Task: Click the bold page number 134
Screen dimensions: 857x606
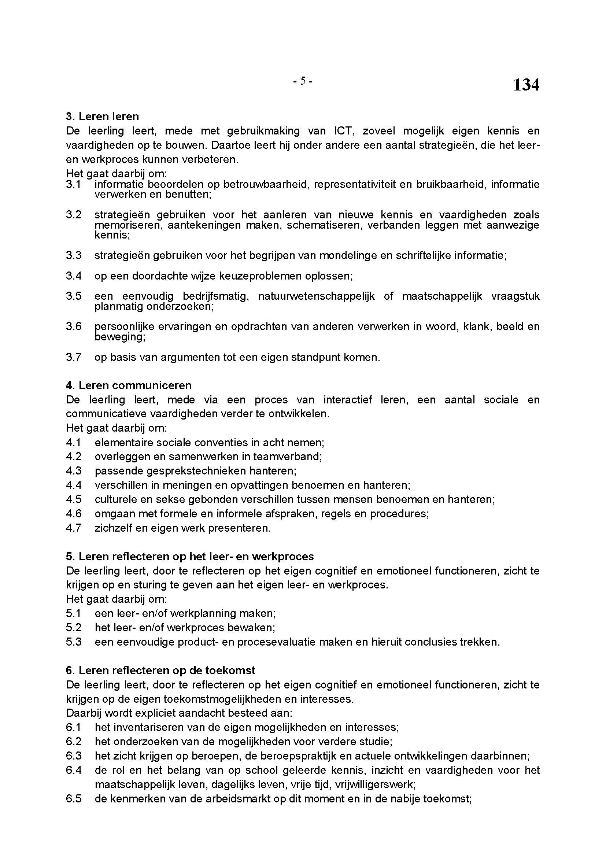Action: [526, 85]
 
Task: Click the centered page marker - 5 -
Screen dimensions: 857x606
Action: [302, 81]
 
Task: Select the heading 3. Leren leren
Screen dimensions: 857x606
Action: [102, 117]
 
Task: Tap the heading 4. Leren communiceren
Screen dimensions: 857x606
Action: [129, 385]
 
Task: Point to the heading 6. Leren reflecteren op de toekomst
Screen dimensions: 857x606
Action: [160, 671]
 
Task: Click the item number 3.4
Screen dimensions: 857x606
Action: [74, 276]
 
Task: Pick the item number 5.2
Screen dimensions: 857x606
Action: [74, 627]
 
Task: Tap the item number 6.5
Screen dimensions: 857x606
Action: [74, 799]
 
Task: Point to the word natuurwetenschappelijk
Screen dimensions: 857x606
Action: [317, 296]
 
